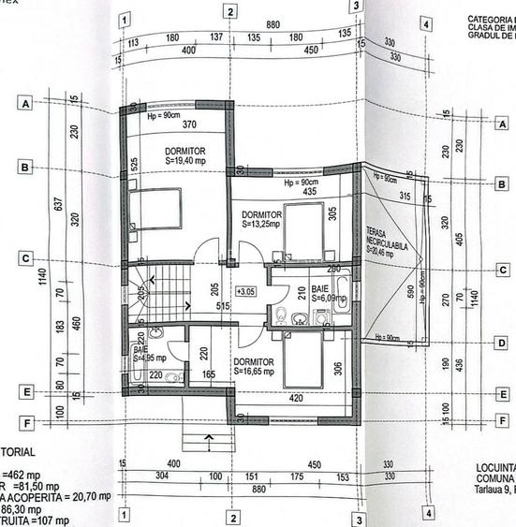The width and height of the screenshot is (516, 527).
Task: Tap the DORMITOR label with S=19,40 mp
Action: pos(184,154)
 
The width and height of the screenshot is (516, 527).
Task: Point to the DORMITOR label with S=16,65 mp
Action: pos(254,365)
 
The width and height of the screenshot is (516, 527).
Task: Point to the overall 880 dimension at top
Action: pos(273,23)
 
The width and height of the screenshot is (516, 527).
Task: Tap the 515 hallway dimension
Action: pos(223,306)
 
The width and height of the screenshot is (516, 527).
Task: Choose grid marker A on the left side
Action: pos(26,103)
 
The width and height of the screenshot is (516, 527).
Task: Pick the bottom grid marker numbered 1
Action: pos(123,515)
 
